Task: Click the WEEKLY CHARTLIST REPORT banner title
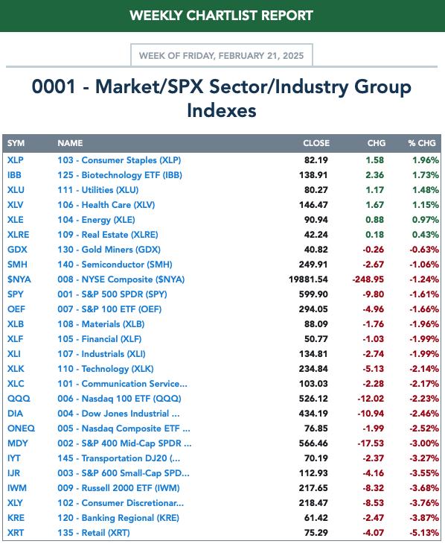pos(222,16)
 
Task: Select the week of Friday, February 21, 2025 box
pos(222,55)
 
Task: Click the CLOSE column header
pos(316,143)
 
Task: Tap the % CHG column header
pos(422,143)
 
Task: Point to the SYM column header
pos(16,143)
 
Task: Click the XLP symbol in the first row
pos(16,160)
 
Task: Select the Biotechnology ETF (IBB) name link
pos(120,175)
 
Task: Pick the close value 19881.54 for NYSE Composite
pos(308,279)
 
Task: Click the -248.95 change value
pos(368,279)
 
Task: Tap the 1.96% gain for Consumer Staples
pos(425,160)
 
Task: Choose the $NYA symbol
pos(19,279)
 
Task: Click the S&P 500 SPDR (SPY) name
pos(112,294)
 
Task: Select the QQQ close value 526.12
pos(313,398)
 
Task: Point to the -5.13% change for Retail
pos(424,533)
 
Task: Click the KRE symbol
pos(16,518)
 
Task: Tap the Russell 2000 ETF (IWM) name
pos(118,488)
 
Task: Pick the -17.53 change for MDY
pos(371,443)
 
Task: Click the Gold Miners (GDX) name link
pos(109,250)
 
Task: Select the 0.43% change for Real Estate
pos(425,235)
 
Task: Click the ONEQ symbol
pos(21,428)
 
